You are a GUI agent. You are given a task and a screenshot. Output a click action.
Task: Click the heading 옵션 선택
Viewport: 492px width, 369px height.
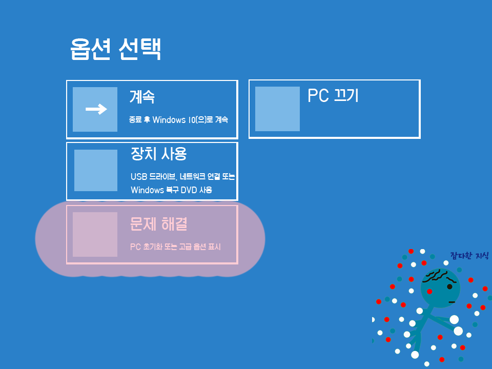[x=116, y=50]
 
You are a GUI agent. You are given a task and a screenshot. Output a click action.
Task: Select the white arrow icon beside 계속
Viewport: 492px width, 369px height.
[x=96, y=109]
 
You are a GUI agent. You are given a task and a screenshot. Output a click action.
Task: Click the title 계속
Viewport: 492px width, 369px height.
[x=142, y=96]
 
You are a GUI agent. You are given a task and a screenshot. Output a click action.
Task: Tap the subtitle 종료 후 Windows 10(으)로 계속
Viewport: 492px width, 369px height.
[x=178, y=120]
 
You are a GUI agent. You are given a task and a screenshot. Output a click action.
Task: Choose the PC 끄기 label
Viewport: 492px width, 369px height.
[x=333, y=96]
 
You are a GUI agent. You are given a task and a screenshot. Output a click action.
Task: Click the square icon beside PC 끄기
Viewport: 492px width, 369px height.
[x=277, y=109]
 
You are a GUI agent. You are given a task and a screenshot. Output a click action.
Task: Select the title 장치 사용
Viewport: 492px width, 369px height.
[x=158, y=153]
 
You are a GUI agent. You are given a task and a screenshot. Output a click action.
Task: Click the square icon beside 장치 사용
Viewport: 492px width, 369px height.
[x=96, y=170]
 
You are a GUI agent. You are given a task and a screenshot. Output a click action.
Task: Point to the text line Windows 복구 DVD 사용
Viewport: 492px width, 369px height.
[x=171, y=190]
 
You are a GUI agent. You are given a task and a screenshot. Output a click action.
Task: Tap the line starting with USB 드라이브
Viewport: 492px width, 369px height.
[x=182, y=177]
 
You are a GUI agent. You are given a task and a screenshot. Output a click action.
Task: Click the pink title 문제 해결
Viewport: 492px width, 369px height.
[x=158, y=223]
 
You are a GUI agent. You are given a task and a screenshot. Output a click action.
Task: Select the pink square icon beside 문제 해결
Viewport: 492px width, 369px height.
[x=95, y=234]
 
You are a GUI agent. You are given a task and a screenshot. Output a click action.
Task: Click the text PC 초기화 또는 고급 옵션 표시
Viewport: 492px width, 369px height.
[x=175, y=247]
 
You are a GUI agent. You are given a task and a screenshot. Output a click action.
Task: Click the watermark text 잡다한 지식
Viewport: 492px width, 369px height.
[x=469, y=255]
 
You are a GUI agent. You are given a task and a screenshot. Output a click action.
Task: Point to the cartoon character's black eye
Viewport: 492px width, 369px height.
[x=450, y=286]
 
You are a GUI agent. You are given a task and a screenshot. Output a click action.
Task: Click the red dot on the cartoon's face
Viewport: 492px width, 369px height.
[x=429, y=292]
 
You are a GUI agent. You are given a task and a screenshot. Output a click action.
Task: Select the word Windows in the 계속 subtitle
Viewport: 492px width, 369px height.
[x=169, y=120]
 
